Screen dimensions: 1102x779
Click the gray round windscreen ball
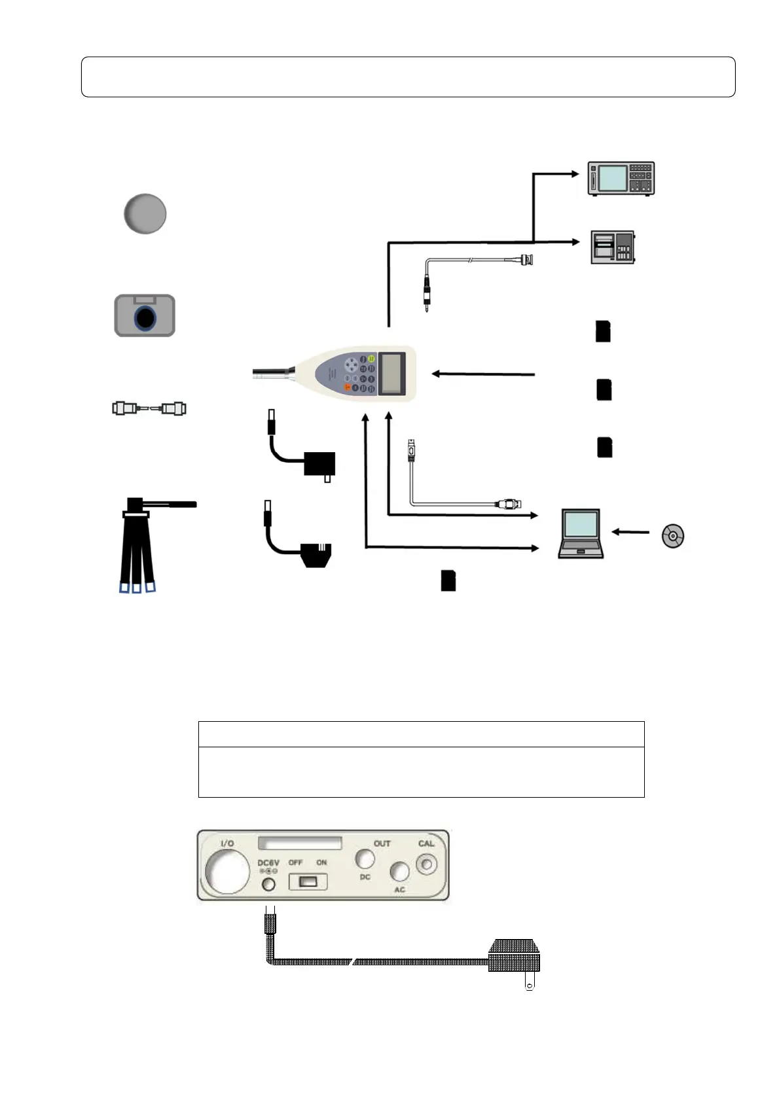(x=145, y=214)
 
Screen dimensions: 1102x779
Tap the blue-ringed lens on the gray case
(x=145, y=318)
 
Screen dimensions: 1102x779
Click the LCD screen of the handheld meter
(x=392, y=373)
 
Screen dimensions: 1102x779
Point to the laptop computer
(x=581, y=534)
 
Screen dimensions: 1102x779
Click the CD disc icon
(x=673, y=536)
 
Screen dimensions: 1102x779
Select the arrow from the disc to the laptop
(x=630, y=532)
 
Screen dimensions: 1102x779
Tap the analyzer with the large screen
(x=621, y=178)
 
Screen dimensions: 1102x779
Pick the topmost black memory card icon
(x=603, y=332)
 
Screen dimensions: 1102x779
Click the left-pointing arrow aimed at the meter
(x=483, y=374)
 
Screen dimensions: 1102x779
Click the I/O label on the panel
(x=227, y=844)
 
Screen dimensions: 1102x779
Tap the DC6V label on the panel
(x=268, y=863)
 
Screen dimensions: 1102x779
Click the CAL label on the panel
(x=426, y=844)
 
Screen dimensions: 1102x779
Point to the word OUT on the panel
(x=382, y=844)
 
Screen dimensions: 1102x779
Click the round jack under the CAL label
(x=427, y=864)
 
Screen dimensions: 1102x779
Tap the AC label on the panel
(x=399, y=890)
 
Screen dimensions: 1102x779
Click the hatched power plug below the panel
(x=515, y=957)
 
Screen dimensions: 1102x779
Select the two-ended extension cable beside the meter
(x=149, y=409)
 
